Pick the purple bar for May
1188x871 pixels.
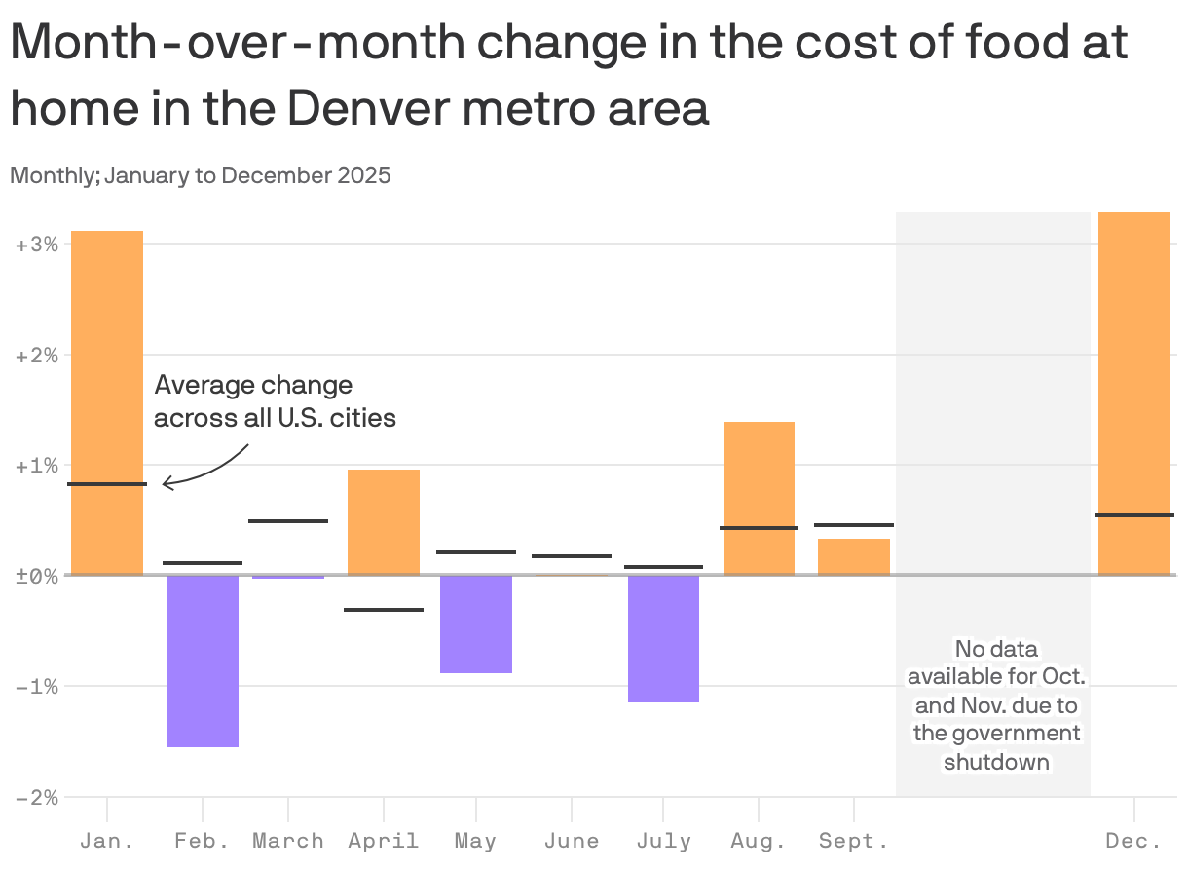tap(476, 625)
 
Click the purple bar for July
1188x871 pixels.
tap(663, 639)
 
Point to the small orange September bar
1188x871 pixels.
tap(854, 557)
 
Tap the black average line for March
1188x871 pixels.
tap(288, 521)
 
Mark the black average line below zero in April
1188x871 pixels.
tap(384, 610)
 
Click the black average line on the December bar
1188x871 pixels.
tap(1134, 515)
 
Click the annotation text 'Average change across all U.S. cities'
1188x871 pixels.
tap(275, 401)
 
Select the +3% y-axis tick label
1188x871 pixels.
tap(37, 244)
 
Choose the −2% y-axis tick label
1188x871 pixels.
tap(37, 798)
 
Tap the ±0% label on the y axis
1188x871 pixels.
tap(37, 576)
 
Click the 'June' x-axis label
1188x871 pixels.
tap(572, 841)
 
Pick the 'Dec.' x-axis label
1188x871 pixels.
tap(1134, 841)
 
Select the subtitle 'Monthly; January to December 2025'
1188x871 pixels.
tap(201, 176)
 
